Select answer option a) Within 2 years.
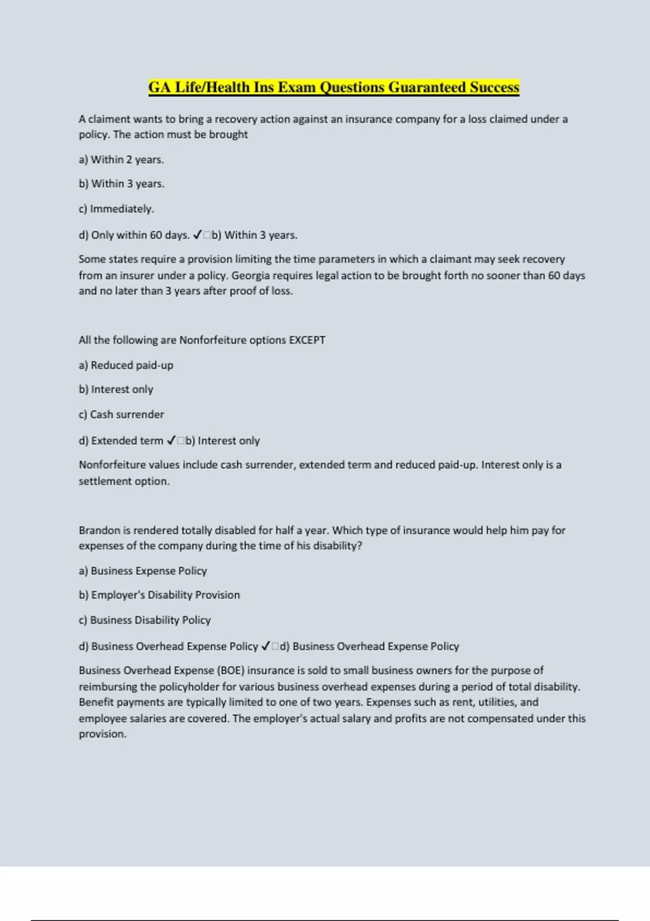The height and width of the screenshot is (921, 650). (121, 160)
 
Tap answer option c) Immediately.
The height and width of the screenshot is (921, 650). (116, 209)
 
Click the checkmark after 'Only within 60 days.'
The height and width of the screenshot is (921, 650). (197, 235)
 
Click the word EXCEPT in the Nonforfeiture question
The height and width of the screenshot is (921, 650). (307, 340)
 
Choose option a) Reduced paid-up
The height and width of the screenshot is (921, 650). (126, 365)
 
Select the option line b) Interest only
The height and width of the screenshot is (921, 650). (116, 390)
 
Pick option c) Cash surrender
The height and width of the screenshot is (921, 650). (121, 414)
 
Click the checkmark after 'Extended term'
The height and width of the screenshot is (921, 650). (171, 441)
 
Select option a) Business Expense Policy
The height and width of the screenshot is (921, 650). (143, 571)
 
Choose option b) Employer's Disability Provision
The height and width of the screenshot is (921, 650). (159, 595)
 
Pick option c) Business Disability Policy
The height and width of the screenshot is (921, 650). (145, 620)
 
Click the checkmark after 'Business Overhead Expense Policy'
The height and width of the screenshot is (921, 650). (265, 646)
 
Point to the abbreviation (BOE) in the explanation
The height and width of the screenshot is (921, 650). (231, 671)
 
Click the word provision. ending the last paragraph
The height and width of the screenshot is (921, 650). (102, 734)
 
